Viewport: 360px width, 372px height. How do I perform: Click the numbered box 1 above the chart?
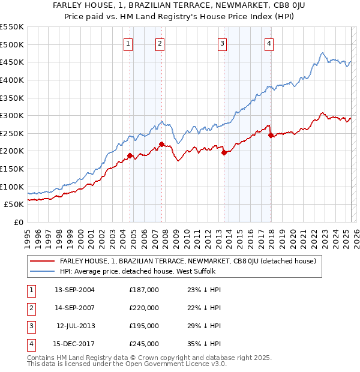129,43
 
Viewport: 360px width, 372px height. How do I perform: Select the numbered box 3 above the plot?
222,43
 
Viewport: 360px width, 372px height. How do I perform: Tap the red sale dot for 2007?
161,144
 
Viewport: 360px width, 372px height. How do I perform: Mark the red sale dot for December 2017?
271,135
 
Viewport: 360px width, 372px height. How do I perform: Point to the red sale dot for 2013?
224,152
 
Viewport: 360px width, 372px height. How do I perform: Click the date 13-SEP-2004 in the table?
74,290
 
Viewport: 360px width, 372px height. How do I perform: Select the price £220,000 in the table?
144,308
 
